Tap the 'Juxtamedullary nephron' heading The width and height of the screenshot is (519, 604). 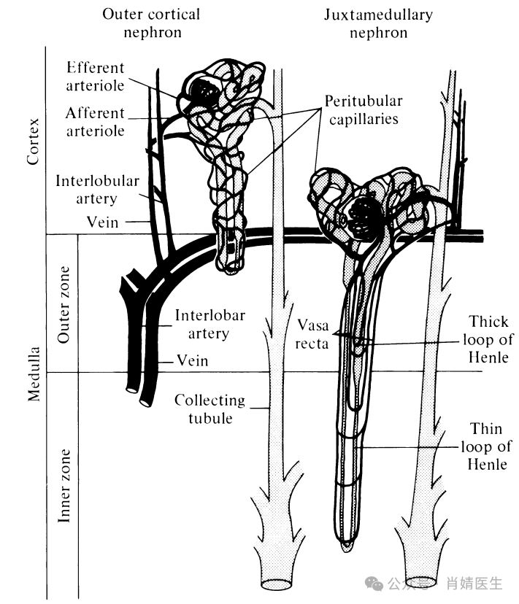click(378, 23)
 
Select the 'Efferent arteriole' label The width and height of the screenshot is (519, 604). click(96, 77)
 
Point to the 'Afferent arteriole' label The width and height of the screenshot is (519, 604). click(95, 122)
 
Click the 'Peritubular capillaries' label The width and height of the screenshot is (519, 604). click(364, 109)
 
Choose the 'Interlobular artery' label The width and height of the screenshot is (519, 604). click(97, 188)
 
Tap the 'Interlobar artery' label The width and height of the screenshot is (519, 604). click(209, 325)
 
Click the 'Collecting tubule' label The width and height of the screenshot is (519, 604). click(209, 409)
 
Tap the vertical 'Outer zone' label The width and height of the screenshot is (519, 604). click(63, 304)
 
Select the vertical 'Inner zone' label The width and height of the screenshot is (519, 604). click(64, 486)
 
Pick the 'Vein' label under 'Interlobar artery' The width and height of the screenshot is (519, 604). click(192, 360)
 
